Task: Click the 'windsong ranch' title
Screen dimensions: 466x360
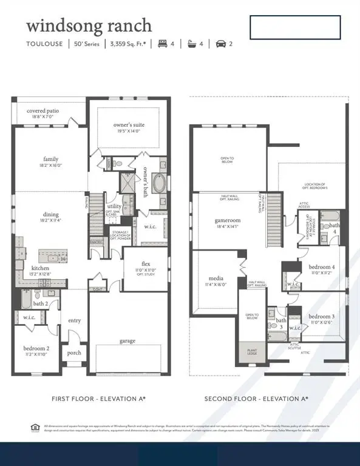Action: pyautogui.click(x=89, y=26)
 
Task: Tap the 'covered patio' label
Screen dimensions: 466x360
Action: pyautogui.click(x=43, y=112)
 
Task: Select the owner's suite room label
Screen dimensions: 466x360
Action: pyautogui.click(x=127, y=126)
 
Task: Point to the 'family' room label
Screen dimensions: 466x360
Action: pyautogui.click(x=50, y=160)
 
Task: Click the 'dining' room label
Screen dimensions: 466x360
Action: pyautogui.click(x=50, y=214)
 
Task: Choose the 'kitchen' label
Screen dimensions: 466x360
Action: pyautogui.click(x=41, y=268)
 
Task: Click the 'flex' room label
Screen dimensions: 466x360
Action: pyautogui.click(x=146, y=263)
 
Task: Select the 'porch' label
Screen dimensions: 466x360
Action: pyautogui.click(x=73, y=353)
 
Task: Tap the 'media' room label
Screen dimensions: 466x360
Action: pyautogui.click(x=211, y=279)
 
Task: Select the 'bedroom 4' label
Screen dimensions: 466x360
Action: pyautogui.click(x=321, y=267)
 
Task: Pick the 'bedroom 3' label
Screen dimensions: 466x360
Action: pyautogui.click(x=321, y=317)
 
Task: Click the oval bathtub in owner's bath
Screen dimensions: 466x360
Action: pyautogui.click(x=158, y=183)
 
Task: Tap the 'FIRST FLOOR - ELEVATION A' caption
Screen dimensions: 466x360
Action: pyautogui.click(x=89, y=399)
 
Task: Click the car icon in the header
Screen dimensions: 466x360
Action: pyautogui.click(x=222, y=44)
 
